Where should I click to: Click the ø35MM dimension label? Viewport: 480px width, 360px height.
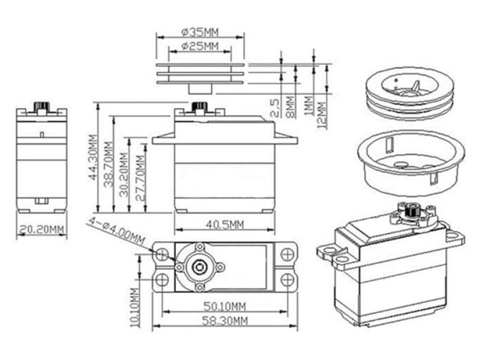tap(201, 32)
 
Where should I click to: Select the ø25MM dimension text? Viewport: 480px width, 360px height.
tap(200, 47)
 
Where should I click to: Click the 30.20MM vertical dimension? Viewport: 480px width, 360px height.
tap(125, 173)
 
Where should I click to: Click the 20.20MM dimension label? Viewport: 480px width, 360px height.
tap(41, 230)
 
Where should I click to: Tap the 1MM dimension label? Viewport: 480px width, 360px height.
tap(308, 105)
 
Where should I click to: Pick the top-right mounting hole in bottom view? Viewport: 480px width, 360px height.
tap(287, 253)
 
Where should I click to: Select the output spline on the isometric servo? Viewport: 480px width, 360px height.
tap(412, 212)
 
